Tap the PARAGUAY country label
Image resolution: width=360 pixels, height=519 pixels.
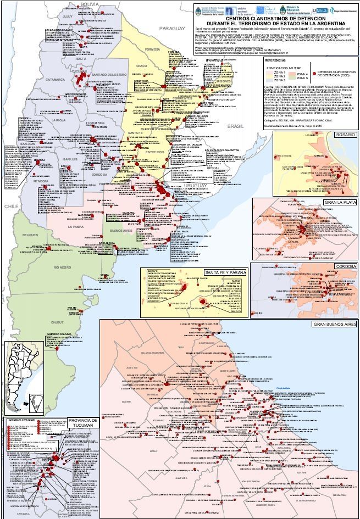pos(170,28)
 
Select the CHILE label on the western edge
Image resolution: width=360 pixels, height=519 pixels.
pos(10,205)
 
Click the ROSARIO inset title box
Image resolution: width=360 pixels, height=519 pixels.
pos(345,135)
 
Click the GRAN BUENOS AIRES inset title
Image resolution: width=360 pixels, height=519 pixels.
pos(334,324)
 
